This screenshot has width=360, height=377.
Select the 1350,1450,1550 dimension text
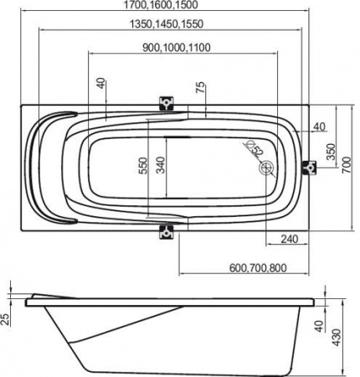point(167,24)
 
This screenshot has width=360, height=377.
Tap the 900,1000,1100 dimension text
point(177,48)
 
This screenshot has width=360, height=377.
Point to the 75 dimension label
point(200,87)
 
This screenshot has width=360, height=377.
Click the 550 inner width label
point(143,166)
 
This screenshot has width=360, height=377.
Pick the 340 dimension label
point(160,165)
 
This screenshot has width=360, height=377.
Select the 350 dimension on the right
point(331,152)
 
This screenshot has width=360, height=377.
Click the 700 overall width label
point(347,165)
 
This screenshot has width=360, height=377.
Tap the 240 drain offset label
point(289,239)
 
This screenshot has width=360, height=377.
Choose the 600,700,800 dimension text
point(258,268)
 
